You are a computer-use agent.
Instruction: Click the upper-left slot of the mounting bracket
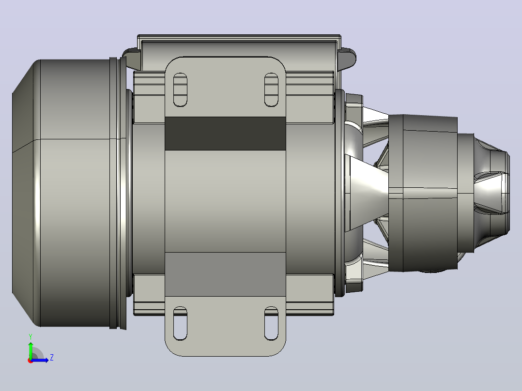[180, 90]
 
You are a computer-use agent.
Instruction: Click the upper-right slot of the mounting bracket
[271, 90]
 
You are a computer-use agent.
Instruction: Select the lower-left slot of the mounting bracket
[180, 323]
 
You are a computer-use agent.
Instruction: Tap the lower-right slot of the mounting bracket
[271, 323]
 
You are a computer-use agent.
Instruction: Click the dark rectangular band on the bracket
[225, 134]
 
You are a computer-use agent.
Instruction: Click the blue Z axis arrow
[40, 360]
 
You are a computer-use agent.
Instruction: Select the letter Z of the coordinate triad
[52, 358]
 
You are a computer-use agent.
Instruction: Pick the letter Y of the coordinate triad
[31, 336]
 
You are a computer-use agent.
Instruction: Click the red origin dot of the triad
[31, 361]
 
